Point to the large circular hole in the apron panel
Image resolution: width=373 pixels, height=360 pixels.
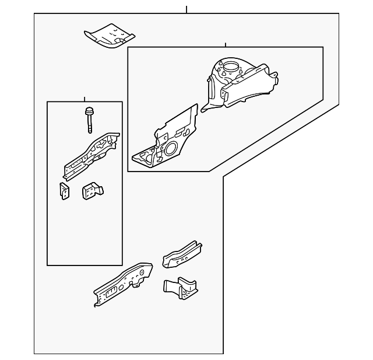(x=172, y=149)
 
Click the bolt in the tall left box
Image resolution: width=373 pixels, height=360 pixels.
(x=90, y=120)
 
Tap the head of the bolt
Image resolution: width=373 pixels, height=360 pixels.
(x=90, y=111)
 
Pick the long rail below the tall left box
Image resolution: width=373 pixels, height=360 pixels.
(x=122, y=283)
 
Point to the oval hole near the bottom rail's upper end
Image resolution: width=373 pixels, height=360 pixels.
(x=140, y=272)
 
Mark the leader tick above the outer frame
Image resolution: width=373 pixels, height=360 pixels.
(x=186, y=10)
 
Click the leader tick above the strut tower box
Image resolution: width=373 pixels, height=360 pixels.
(x=225, y=44)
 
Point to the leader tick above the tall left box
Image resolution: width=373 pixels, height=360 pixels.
(x=85, y=99)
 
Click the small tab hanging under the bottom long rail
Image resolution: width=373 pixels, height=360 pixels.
(x=139, y=284)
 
